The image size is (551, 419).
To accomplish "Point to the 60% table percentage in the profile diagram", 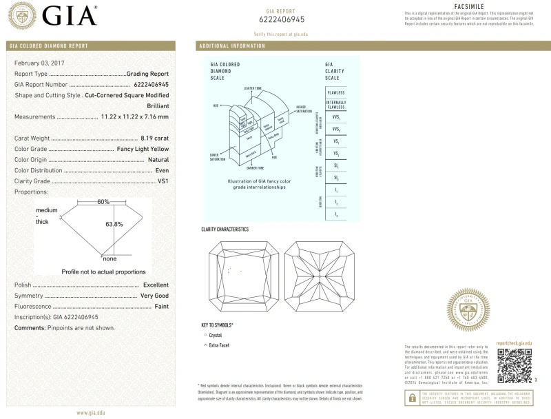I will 103,202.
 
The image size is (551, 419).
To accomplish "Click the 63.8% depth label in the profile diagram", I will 114,224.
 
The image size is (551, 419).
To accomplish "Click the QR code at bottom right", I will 514,365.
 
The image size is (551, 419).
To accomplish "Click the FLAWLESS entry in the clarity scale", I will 336,92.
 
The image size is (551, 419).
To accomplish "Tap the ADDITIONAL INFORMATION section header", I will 231,46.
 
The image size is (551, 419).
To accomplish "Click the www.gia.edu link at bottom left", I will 91,412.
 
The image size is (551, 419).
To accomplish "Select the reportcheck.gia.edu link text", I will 514,343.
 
